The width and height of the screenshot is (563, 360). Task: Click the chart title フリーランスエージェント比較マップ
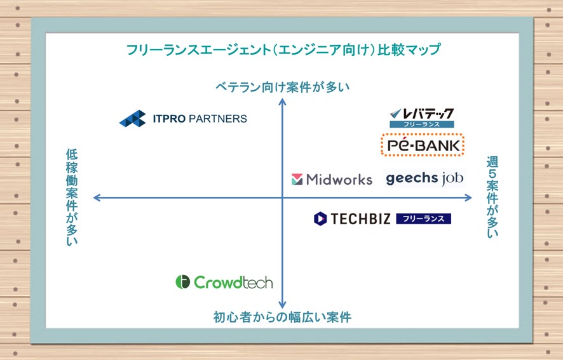click(283, 49)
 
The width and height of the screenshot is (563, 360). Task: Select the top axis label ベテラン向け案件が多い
click(282, 87)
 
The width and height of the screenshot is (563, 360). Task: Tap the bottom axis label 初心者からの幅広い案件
click(282, 317)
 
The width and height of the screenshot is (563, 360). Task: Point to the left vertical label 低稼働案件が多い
click(72, 197)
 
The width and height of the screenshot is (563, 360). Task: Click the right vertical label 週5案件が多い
click(492, 197)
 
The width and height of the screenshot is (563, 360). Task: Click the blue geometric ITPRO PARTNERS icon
click(133, 119)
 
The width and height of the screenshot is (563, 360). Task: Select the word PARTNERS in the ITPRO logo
click(217, 119)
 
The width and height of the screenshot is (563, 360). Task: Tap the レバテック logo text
click(422, 114)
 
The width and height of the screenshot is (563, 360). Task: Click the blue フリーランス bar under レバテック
click(422, 124)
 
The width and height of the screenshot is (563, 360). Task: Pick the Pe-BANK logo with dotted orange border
click(423, 145)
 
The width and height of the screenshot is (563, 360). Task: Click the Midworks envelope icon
click(297, 179)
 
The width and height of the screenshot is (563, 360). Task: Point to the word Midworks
click(339, 179)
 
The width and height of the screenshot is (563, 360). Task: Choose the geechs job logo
click(424, 178)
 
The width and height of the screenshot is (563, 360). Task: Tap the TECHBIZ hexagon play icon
click(320, 218)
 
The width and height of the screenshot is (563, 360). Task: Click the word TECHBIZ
click(360, 218)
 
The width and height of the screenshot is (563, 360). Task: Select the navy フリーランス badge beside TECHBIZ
click(423, 218)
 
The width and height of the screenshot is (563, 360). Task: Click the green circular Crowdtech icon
click(183, 282)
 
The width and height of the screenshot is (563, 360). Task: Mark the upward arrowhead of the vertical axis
click(283, 102)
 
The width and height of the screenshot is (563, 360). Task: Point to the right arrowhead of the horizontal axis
click(468, 197)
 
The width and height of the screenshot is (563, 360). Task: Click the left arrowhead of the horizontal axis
click(97, 197)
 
